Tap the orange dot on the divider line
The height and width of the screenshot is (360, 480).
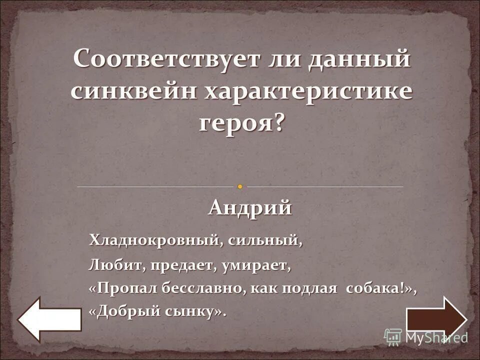tap(240, 186)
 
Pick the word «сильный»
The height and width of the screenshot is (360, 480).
tap(265, 240)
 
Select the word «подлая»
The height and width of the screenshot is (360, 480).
tap(310, 289)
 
